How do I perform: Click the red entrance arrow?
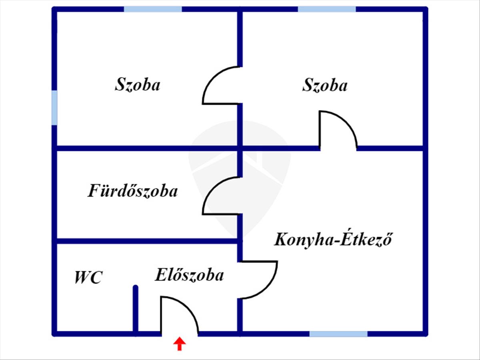[179, 344]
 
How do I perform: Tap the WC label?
[88, 278]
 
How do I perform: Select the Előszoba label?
[189, 275]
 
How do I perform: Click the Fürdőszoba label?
[132, 191]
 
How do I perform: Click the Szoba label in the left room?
[138, 84]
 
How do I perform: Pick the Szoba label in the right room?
[325, 85]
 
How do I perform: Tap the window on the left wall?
[55, 108]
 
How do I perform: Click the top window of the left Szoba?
[153, 9]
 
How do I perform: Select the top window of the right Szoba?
[327, 9]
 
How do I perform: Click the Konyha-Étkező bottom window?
[338, 334]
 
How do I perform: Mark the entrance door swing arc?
[188, 306]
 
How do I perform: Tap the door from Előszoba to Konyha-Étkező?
[267, 288]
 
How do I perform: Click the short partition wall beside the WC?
[136, 310]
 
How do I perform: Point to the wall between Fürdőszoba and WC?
[147, 241]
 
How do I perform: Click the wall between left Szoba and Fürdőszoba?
[147, 148]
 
